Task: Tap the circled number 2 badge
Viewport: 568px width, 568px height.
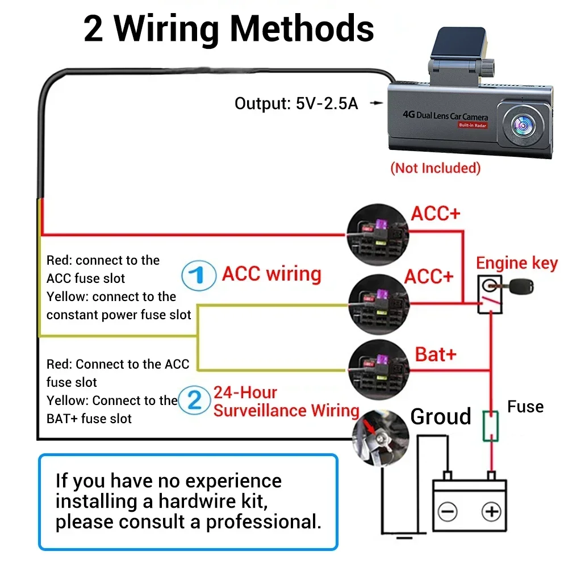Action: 195,400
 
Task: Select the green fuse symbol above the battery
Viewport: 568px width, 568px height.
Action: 490,427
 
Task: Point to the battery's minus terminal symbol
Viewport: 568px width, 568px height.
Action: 448,512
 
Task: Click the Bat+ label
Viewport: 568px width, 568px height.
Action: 436,354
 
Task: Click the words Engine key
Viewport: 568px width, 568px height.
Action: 517,264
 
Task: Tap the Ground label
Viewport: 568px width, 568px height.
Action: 441,416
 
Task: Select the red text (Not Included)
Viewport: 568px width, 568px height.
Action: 435,168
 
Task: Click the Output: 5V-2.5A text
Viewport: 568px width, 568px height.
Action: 296,104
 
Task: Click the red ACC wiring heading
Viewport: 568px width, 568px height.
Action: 272,274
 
